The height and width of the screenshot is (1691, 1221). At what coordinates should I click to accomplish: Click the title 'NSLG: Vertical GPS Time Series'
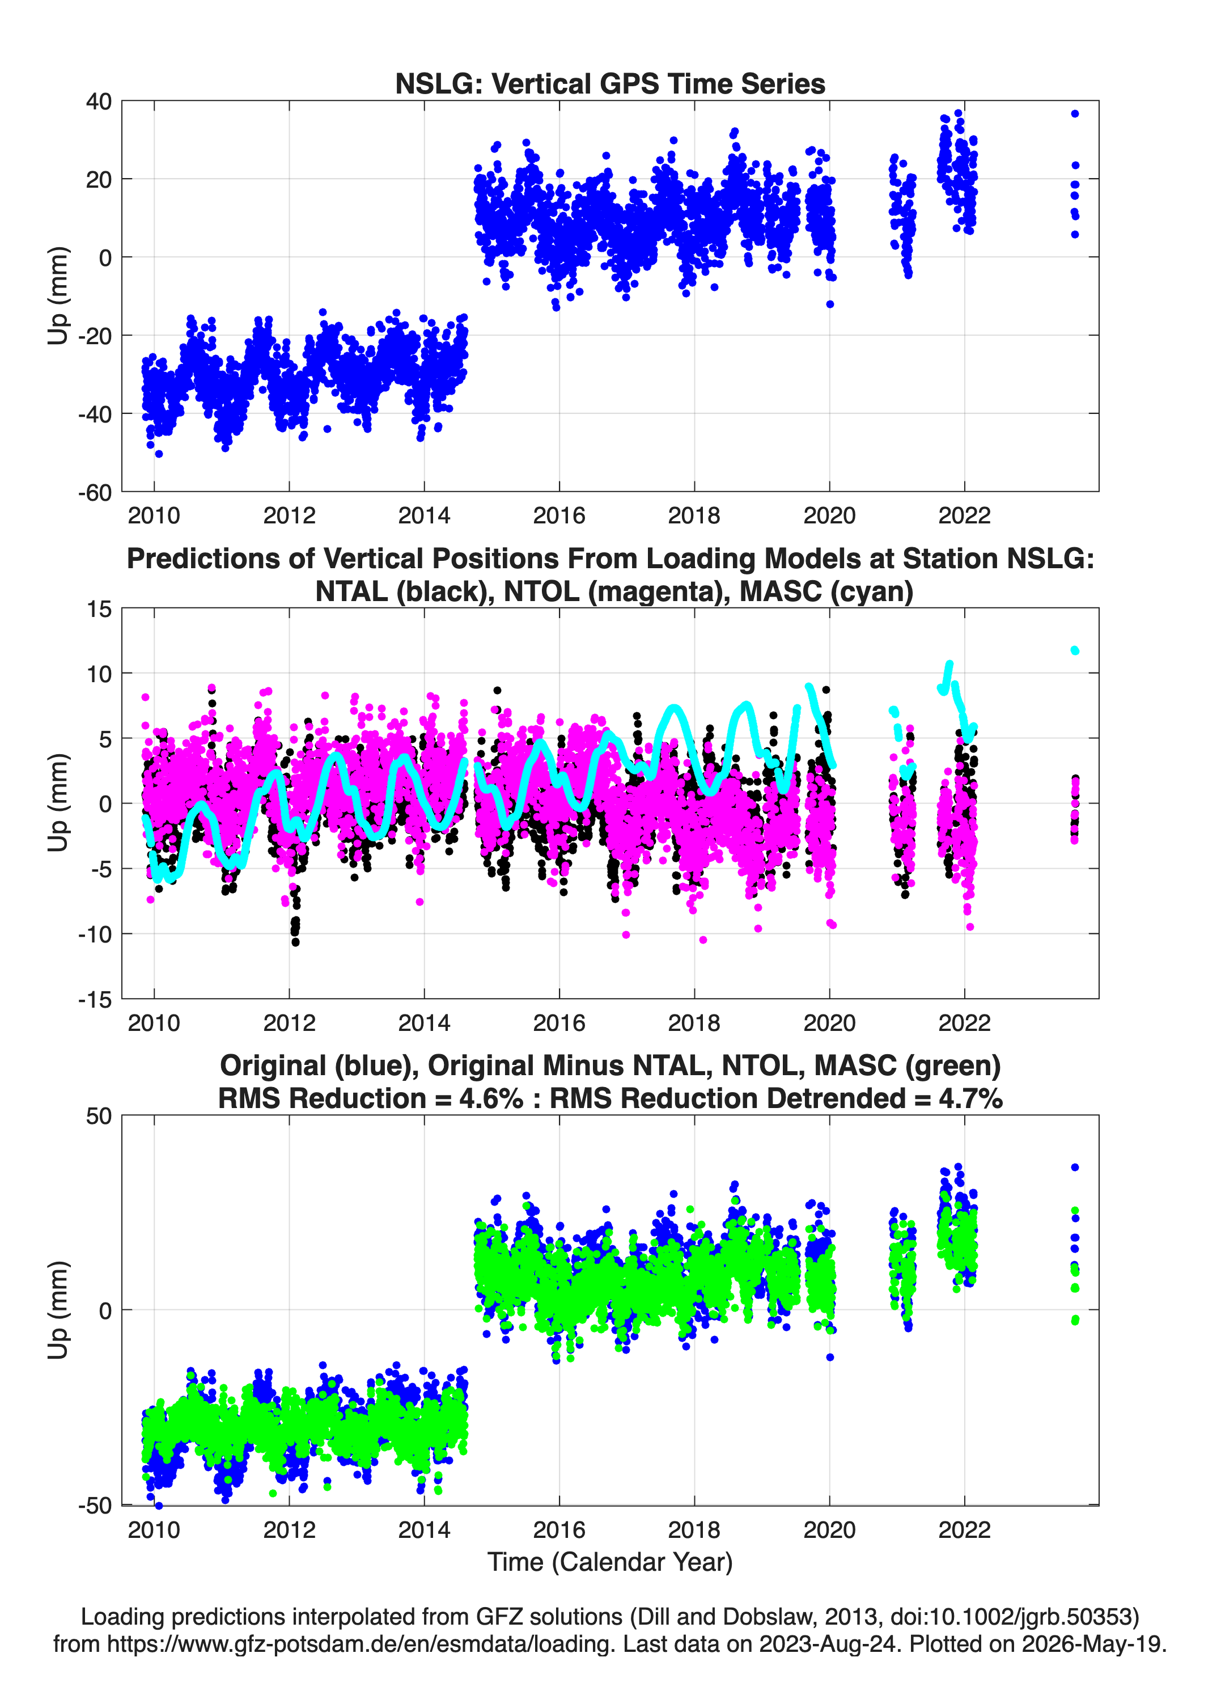610,83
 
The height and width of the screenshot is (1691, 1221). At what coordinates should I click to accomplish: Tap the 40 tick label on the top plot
99,102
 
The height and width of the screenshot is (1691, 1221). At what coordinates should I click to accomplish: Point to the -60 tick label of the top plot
95,492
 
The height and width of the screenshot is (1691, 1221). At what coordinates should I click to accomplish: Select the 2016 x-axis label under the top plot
559,515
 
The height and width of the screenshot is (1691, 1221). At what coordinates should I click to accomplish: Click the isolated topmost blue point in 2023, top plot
1075,114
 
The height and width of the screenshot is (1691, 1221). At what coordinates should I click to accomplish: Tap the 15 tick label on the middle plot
99,609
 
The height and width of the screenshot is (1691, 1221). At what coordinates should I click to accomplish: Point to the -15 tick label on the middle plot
95,999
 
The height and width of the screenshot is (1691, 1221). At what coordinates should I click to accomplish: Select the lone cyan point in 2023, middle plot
1075,651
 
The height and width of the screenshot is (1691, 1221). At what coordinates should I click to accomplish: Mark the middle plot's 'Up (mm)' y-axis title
58,803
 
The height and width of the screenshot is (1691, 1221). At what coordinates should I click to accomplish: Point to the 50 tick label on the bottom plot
99,1116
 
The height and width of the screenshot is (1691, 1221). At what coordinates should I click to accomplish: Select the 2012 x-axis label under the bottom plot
289,1529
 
